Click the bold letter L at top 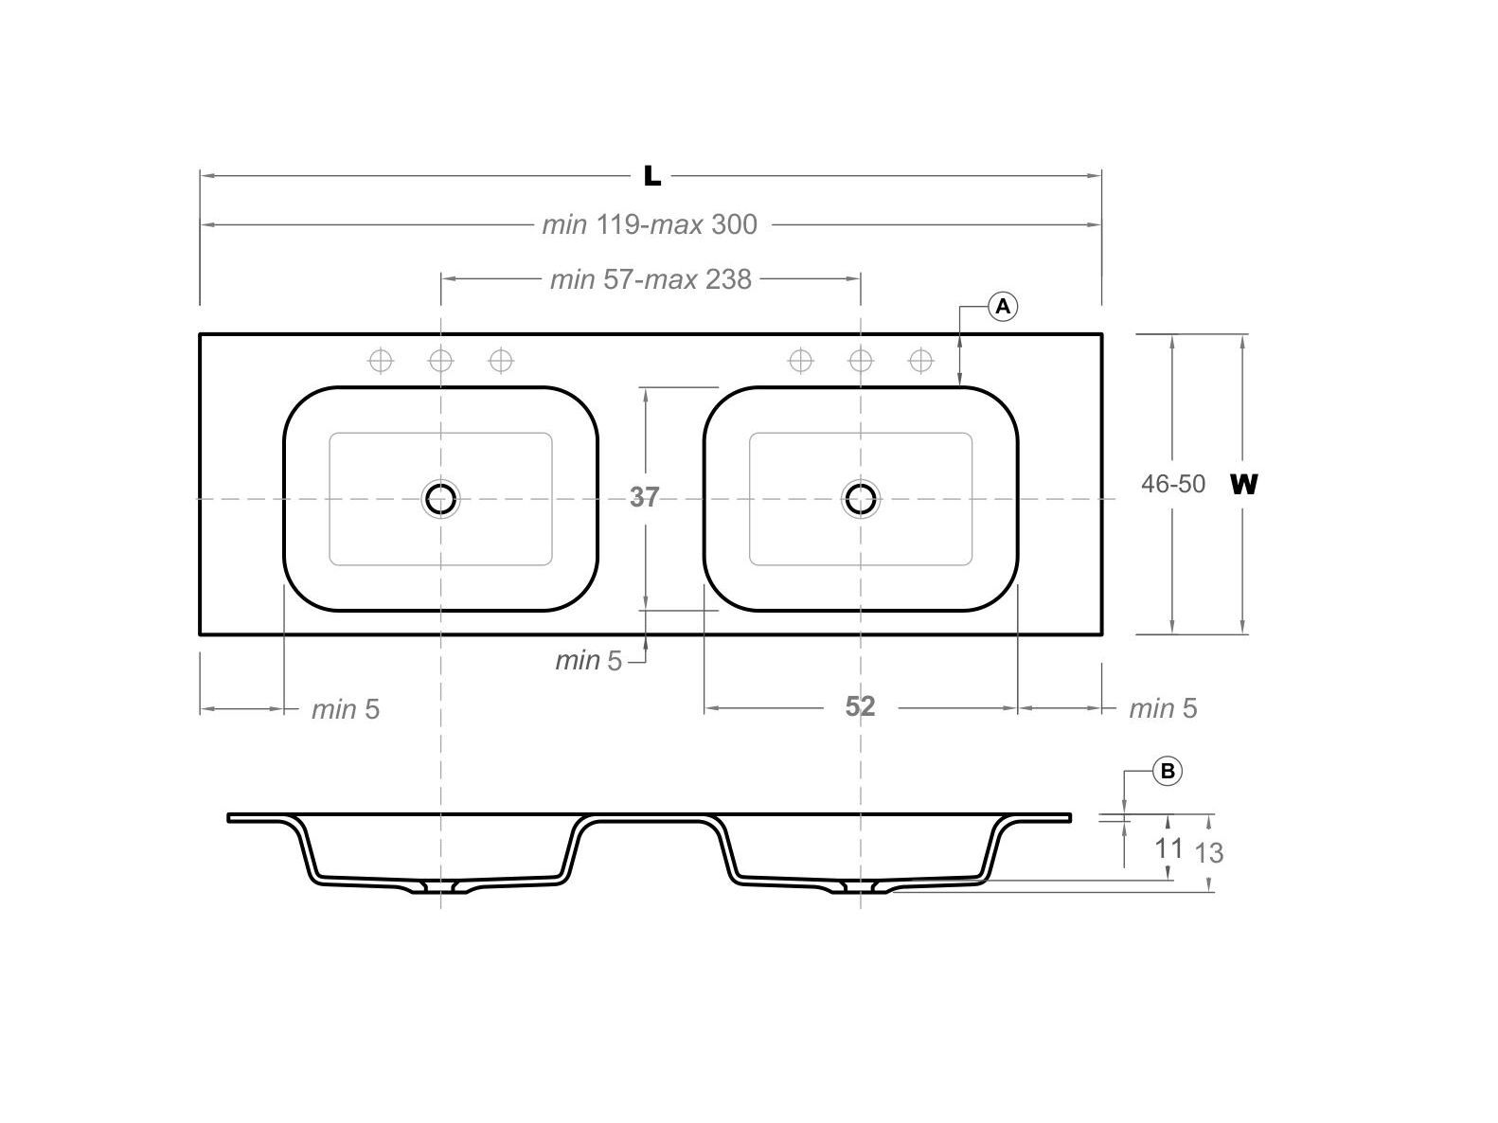[651, 175]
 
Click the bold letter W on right [1243, 484]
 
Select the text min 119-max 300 [650, 224]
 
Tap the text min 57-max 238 [651, 279]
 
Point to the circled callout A [1003, 307]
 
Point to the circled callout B [1168, 772]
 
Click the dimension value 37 [644, 497]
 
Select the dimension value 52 [860, 706]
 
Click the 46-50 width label [1173, 484]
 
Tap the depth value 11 [1168, 847]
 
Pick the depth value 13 [1209, 853]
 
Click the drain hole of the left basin [440, 498]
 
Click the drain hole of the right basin [860, 498]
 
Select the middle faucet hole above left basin [440, 361]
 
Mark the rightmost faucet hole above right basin [920, 361]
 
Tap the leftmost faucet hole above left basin [381, 361]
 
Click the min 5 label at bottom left [346, 709]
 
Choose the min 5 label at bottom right [1163, 708]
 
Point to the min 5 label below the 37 [588, 661]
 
